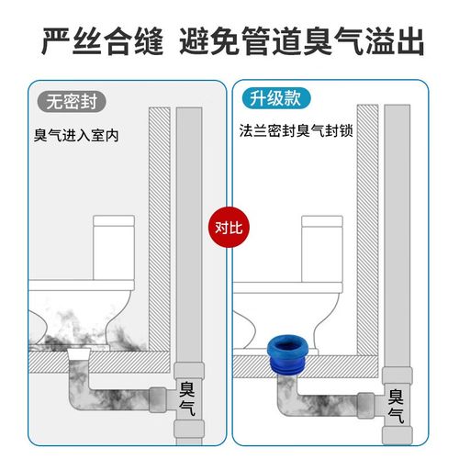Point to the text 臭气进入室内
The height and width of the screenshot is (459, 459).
tap(76, 136)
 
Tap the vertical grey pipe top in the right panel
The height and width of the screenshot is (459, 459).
tap(397, 124)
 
